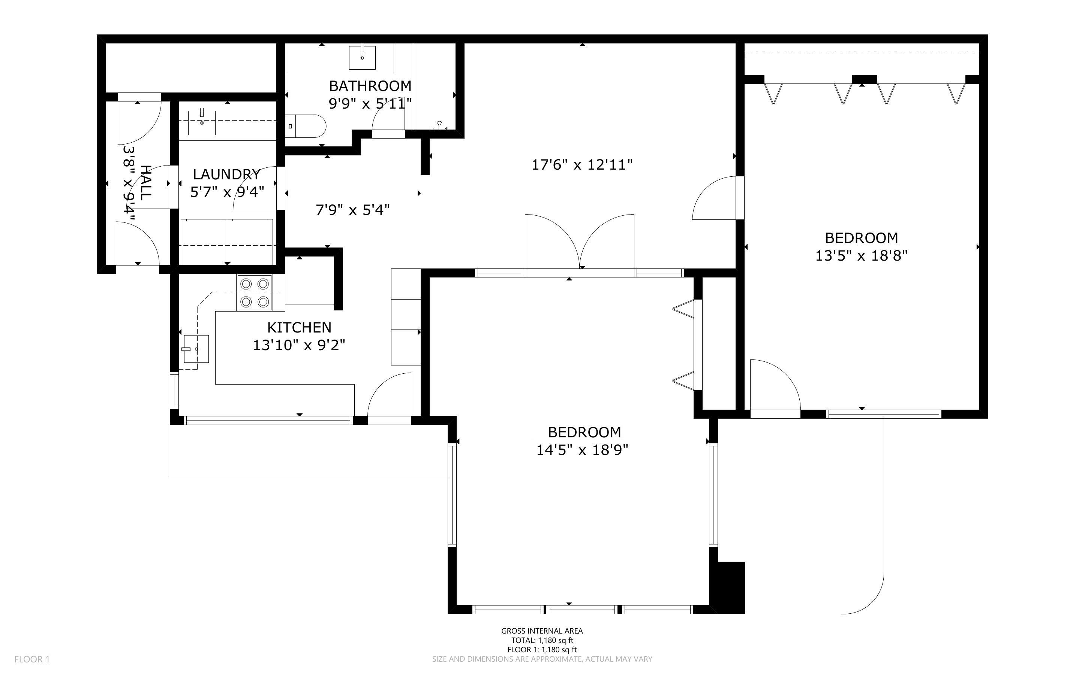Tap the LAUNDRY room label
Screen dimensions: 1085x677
coord(226,174)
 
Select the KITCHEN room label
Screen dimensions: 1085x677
coord(300,327)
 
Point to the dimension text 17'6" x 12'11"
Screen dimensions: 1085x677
coord(582,165)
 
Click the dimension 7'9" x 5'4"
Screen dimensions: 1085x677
coord(353,210)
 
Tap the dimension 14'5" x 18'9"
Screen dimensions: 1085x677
coord(582,450)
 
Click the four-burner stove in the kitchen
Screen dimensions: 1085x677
coord(255,293)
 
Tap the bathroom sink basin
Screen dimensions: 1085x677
coord(362,57)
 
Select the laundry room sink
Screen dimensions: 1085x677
coord(202,121)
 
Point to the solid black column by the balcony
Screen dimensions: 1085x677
coord(731,587)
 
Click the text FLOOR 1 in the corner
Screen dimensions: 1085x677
coord(32,659)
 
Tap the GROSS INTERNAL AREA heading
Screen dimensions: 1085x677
coord(542,631)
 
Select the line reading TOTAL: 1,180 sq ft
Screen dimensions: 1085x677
coord(542,640)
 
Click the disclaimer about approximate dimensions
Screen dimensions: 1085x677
coord(542,659)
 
